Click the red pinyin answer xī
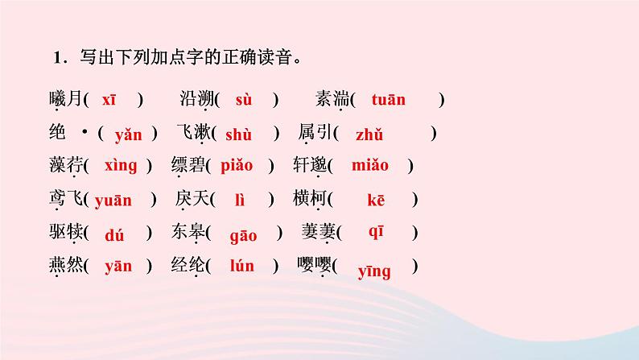tap(109, 99)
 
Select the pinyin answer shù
tap(239, 134)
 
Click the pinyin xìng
tap(121, 166)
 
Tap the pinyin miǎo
tap(370, 166)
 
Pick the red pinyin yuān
tap(113, 201)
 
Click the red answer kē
tap(377, 201)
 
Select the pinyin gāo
tap(243, 234)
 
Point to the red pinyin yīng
tap(374, 271)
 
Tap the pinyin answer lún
tap(241, 267)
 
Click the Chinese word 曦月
tap(65, 100)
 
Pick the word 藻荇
tap(65, 167)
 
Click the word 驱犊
tap(65, 234)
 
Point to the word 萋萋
tap(319, 234)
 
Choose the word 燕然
tap(65, 267)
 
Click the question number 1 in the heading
tap(57, 58)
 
